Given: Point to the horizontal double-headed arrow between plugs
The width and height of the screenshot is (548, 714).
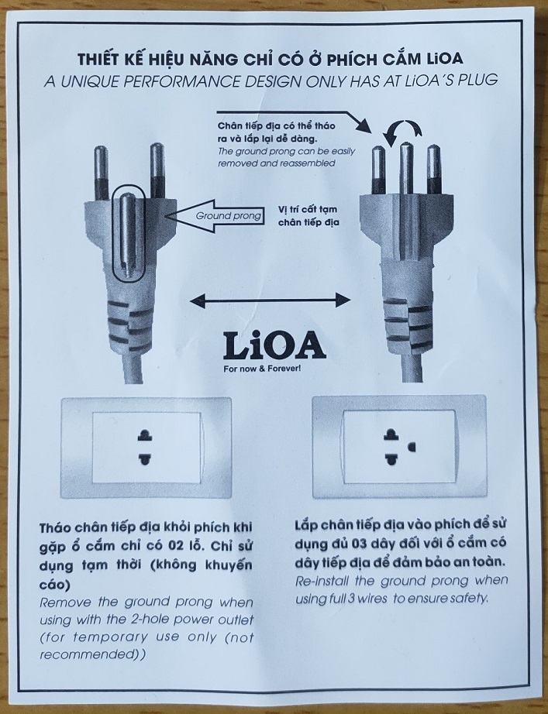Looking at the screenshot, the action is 268,298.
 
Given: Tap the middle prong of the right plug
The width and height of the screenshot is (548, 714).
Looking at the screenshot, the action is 404,167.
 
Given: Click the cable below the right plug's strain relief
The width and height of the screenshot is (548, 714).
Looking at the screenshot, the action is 411,364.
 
